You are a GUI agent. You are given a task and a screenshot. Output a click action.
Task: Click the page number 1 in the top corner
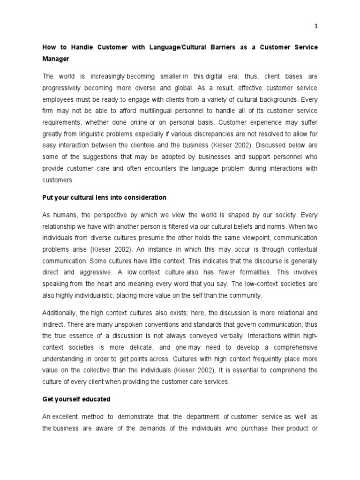click(x=316, y=26)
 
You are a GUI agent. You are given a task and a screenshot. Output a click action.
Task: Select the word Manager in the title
click(x=56, y=59)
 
